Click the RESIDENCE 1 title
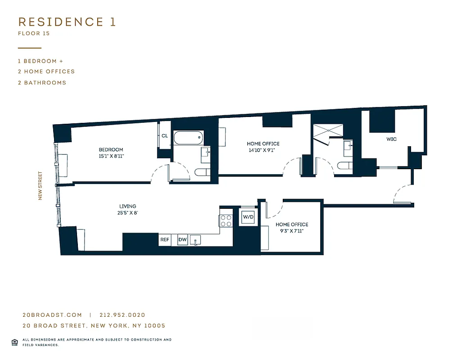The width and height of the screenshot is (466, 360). (67, 22)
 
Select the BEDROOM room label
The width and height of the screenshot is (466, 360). (111, 150)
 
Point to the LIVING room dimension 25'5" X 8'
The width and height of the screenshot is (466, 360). (128, 213)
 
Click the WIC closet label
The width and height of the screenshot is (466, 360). (391, 139)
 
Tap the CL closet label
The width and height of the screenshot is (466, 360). (164, 136)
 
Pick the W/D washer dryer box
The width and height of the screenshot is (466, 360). (249, 217)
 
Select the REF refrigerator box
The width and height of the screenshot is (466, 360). (165, 240)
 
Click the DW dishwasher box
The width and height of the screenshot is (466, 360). (182, 240)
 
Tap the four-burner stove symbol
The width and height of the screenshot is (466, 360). (226, 220)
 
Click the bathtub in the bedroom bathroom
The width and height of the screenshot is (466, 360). (189, 138)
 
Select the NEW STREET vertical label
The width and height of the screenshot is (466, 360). (40, 185)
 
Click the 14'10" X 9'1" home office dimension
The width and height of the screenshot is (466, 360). (263, 150)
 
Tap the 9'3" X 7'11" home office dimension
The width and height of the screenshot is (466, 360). (292, 231)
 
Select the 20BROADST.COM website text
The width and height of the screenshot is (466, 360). (52, 315)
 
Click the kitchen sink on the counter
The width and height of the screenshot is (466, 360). (196, 240)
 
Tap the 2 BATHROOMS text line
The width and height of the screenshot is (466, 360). (42, 83)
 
